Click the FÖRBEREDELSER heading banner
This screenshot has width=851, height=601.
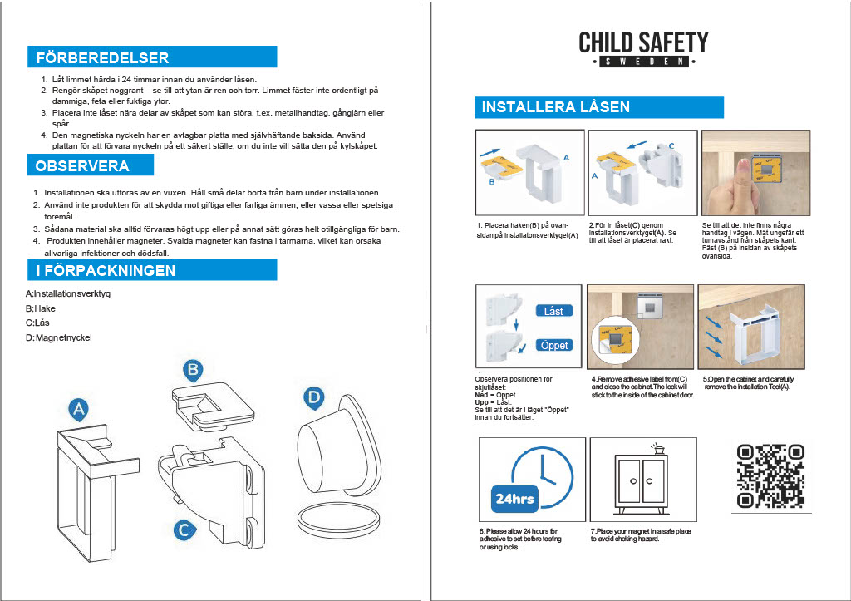point(151,57)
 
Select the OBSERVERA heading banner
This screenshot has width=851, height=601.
point(90,165)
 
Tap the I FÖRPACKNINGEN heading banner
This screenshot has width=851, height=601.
point(151,270)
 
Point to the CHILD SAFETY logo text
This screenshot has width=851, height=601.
point(643,42)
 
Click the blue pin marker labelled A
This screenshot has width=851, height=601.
point(78,410)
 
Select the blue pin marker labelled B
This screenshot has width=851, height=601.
point(193,370)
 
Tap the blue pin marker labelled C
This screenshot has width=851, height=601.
point(185,528)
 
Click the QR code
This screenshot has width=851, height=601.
point(770,475)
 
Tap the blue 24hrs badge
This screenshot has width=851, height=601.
point(515,499)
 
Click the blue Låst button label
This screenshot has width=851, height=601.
point(553,311)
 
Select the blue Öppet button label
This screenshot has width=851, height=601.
point(553,345)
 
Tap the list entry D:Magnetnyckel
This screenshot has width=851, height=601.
point(59,337)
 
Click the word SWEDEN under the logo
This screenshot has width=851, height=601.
point(643,62)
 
